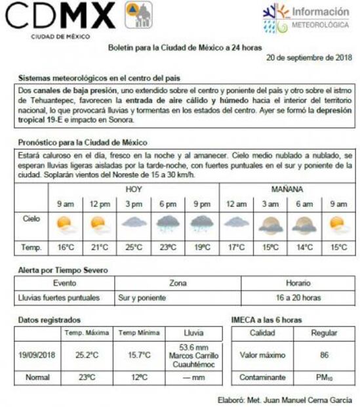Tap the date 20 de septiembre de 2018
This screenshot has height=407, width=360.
(310, 58)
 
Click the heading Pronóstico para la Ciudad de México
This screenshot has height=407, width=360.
(83, 142)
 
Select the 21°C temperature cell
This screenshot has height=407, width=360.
(100, 247)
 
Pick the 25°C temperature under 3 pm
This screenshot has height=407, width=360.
(134, 247)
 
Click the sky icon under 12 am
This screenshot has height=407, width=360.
(236, 223)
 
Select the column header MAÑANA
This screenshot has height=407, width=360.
(287, 189)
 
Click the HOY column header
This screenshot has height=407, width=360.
(134, 189)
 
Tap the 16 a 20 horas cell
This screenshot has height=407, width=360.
(298, 297)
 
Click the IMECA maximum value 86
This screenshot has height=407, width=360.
(323, 355)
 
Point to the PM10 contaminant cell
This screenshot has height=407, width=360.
(323, 378)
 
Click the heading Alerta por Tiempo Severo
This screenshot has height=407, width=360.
(63, 270)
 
